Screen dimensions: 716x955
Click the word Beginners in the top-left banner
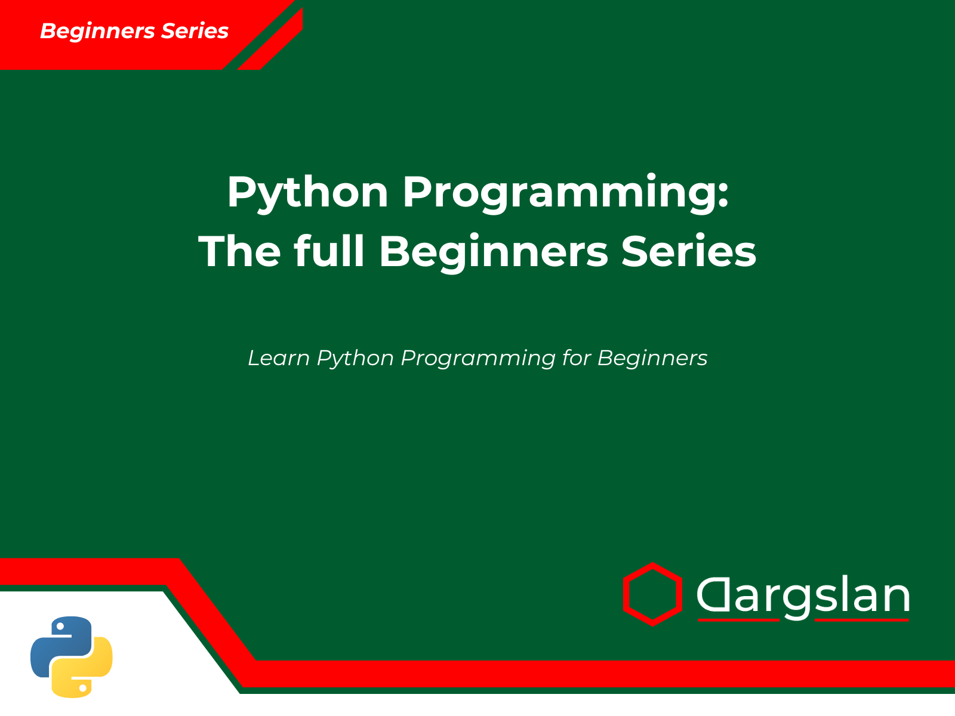(95, 31)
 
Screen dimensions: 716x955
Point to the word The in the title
(239, 251)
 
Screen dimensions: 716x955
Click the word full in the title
(329, 251)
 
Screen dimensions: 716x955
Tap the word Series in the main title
(689, 251)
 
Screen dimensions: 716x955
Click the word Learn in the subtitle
(278, 358)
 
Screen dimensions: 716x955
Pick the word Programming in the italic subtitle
(478, 359)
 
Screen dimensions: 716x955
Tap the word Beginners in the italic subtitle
(652, 359)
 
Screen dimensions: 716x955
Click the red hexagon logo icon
(652, 594)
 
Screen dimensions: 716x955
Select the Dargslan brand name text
(803, 595)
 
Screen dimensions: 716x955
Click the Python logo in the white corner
(72, 656)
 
